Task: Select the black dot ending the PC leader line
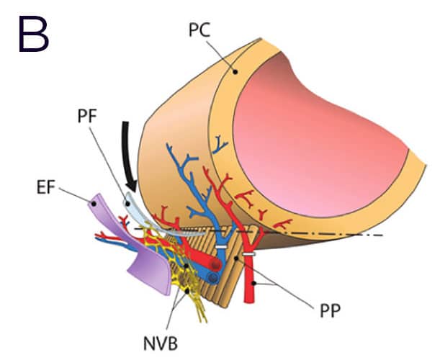233,71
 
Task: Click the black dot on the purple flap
94,204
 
